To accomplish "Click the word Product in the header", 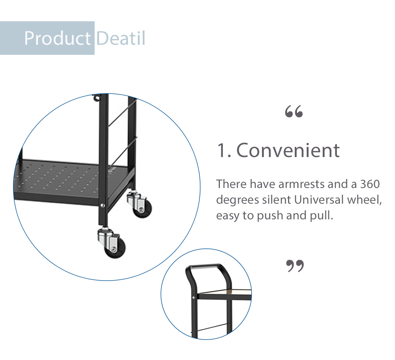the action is click(57, 38).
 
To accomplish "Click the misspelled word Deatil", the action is click(121, 38).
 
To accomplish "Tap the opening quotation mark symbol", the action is click(294, 111).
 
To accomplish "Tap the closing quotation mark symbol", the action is click(295, 266).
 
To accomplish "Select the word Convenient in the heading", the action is click(288, 150).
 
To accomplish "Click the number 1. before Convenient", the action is click(224, 151).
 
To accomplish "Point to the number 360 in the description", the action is click(370, 184).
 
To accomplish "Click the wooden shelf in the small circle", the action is click(225, 292).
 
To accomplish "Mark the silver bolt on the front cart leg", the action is click(102, 206).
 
